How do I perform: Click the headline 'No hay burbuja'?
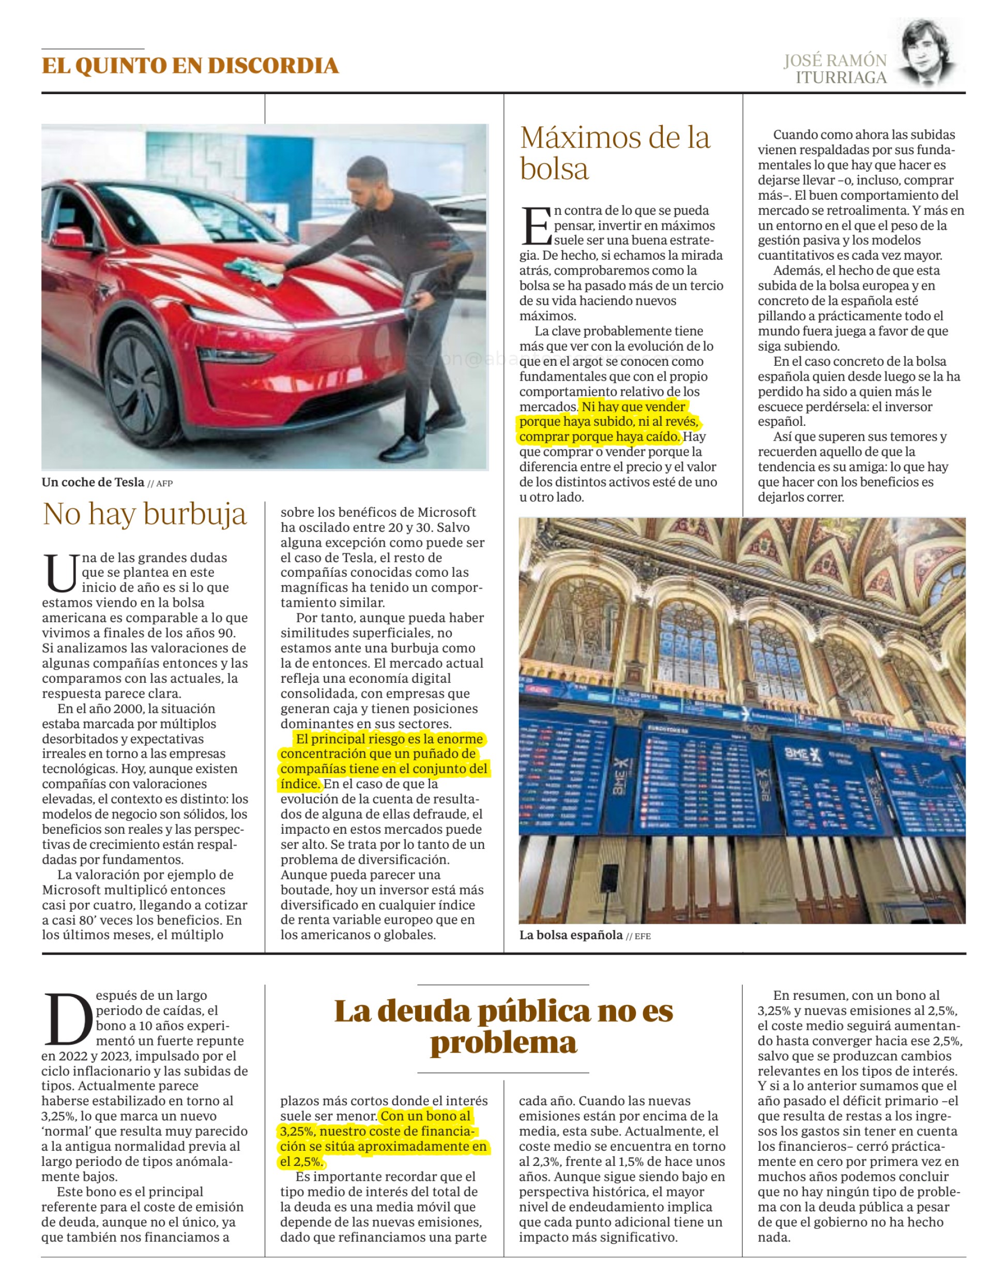click(x=145, y=514)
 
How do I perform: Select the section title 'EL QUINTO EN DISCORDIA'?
click(x=190, y=66)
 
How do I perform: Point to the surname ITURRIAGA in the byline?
click(x=841, y=78)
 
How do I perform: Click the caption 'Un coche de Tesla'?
click(x=93, y=483)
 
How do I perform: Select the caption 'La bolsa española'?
click(x=570, y=935)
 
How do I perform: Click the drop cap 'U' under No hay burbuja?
click(x=61, y=573)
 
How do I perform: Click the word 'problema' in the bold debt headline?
click(x=503, y=1043)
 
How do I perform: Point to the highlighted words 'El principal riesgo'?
click(x=354, y=739)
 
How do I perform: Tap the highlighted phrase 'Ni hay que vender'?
click(x=633, y=407)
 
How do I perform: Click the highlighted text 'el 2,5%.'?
click(x=301, y=1161)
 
